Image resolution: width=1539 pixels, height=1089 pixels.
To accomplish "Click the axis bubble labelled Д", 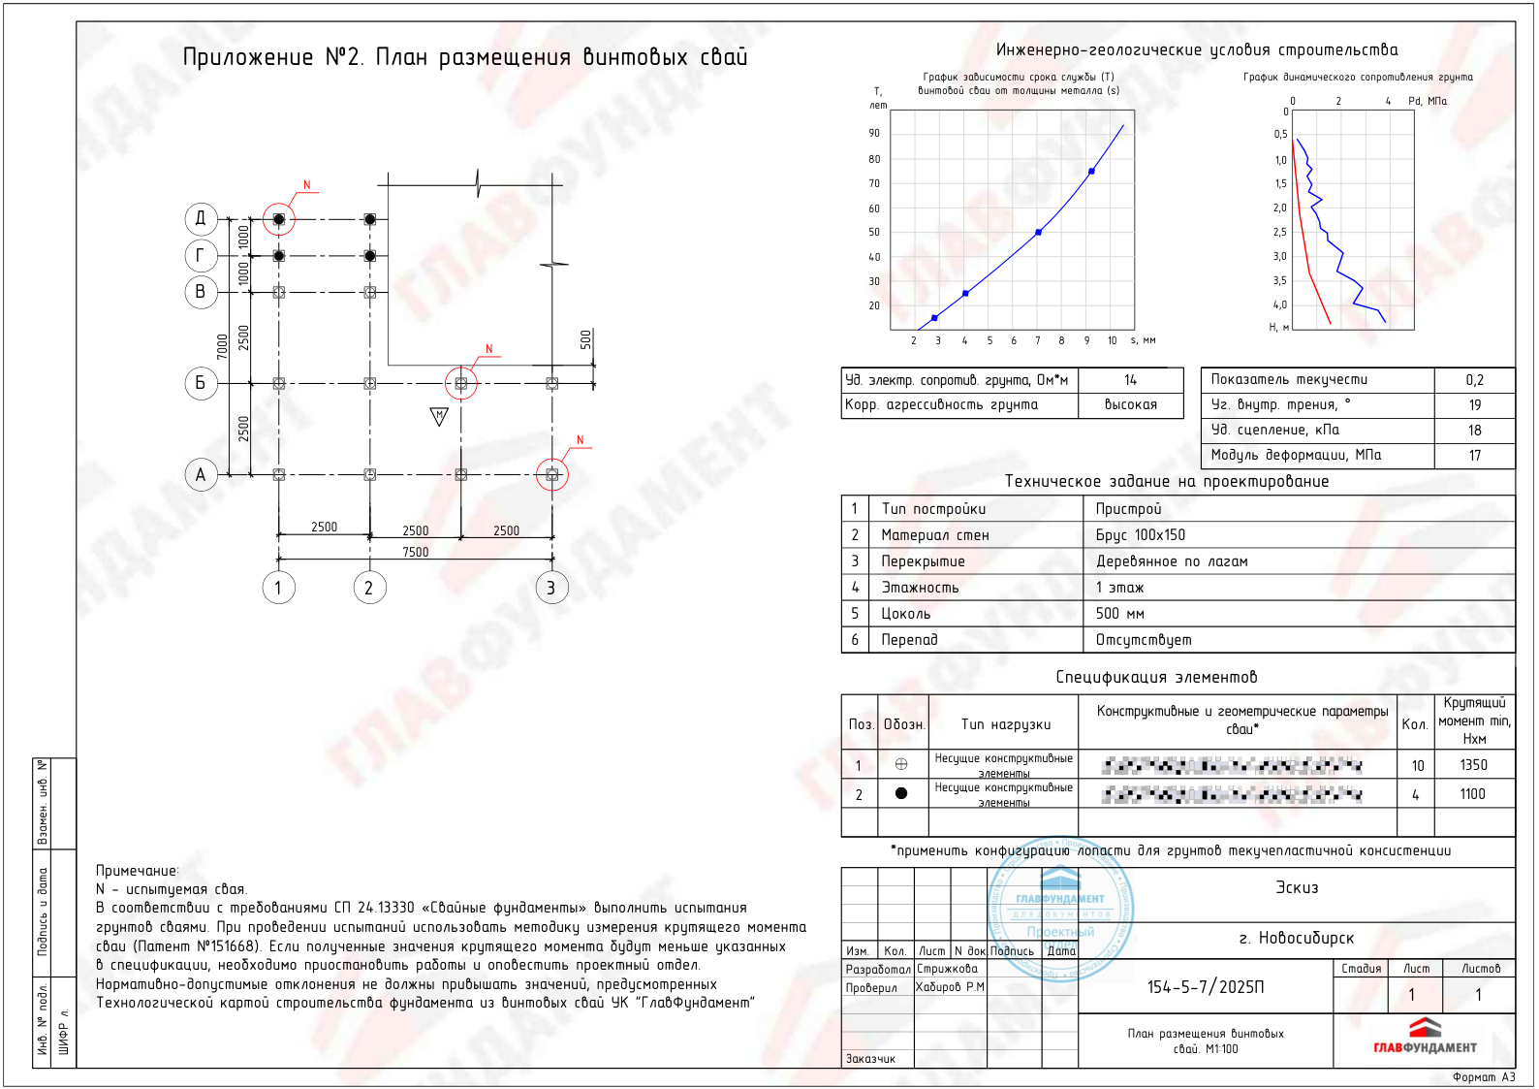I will pyautogui.click(x=201, y=218).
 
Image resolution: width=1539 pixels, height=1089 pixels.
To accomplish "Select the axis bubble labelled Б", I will pyautogui.click(x=201, y=383).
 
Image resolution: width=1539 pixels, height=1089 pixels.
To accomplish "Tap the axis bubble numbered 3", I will pyautogui.click(x=551, y=588).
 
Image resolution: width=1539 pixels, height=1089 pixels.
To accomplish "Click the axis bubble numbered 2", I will pyautogui.click(x=369, y=588).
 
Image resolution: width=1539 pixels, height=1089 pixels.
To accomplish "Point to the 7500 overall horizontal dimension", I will pyautogui.click(x=416, y=552).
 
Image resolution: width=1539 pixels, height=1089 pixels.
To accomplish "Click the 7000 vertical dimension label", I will pyautogui.click(x=223, y=346).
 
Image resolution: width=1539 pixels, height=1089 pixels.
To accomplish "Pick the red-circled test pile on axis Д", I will pyautogui.click(x=279, y=219).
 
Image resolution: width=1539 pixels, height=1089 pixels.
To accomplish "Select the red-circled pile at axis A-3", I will pyautogui.click(x=552, y=474).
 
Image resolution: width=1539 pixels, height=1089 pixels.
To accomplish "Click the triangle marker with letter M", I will pyautogui.click(x=439, y=416).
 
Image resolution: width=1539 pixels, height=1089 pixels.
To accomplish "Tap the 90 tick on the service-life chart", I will pyautogui.click(x=874, y=133).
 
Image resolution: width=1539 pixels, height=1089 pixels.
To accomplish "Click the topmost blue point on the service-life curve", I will pyautogui.click(x=1091, y=172).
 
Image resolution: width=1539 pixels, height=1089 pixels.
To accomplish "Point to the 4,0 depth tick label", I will pyautogui.click(x=1280, y=304).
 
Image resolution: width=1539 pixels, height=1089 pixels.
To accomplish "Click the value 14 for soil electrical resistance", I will pyautogui.click(x=1131, y=380).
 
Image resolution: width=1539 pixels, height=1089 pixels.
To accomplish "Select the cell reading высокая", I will pyautogui.click(x=1131, y=405).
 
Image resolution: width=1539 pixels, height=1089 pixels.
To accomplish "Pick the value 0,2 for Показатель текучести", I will pyautogui.click(x=1474, y=380).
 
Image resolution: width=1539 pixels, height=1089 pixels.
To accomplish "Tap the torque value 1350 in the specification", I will pyautogui.click(x=1473, y=765).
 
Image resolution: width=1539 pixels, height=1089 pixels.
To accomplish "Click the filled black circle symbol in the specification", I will pyautogui.click(x=901, y=793).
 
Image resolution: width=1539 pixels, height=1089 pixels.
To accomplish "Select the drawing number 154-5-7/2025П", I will pyautogui.click(x=1206, y=987).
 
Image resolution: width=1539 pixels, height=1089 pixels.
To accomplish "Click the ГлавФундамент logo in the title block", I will pyautogui.click(x=1425, y=1036).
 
